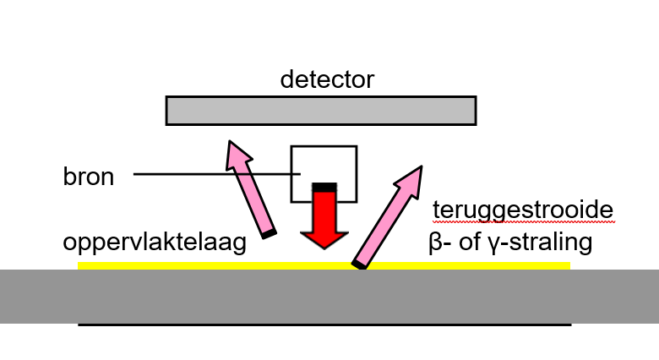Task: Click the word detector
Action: coord(327,80)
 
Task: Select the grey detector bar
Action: coord(320,111)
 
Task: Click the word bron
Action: coord(88,177)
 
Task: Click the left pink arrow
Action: coord(251,189)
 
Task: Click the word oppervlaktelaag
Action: coord(154,243)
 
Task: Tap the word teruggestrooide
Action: coord(522,210)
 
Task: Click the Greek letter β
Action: coord(436,243)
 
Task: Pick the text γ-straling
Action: coord(541,243)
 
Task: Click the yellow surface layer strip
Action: coord(169,266)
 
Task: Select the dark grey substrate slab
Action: coord(329,296)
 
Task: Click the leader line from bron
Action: coord(211,175)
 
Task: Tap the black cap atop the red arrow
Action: coord(324,185)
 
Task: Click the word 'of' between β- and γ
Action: coord(471,243)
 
